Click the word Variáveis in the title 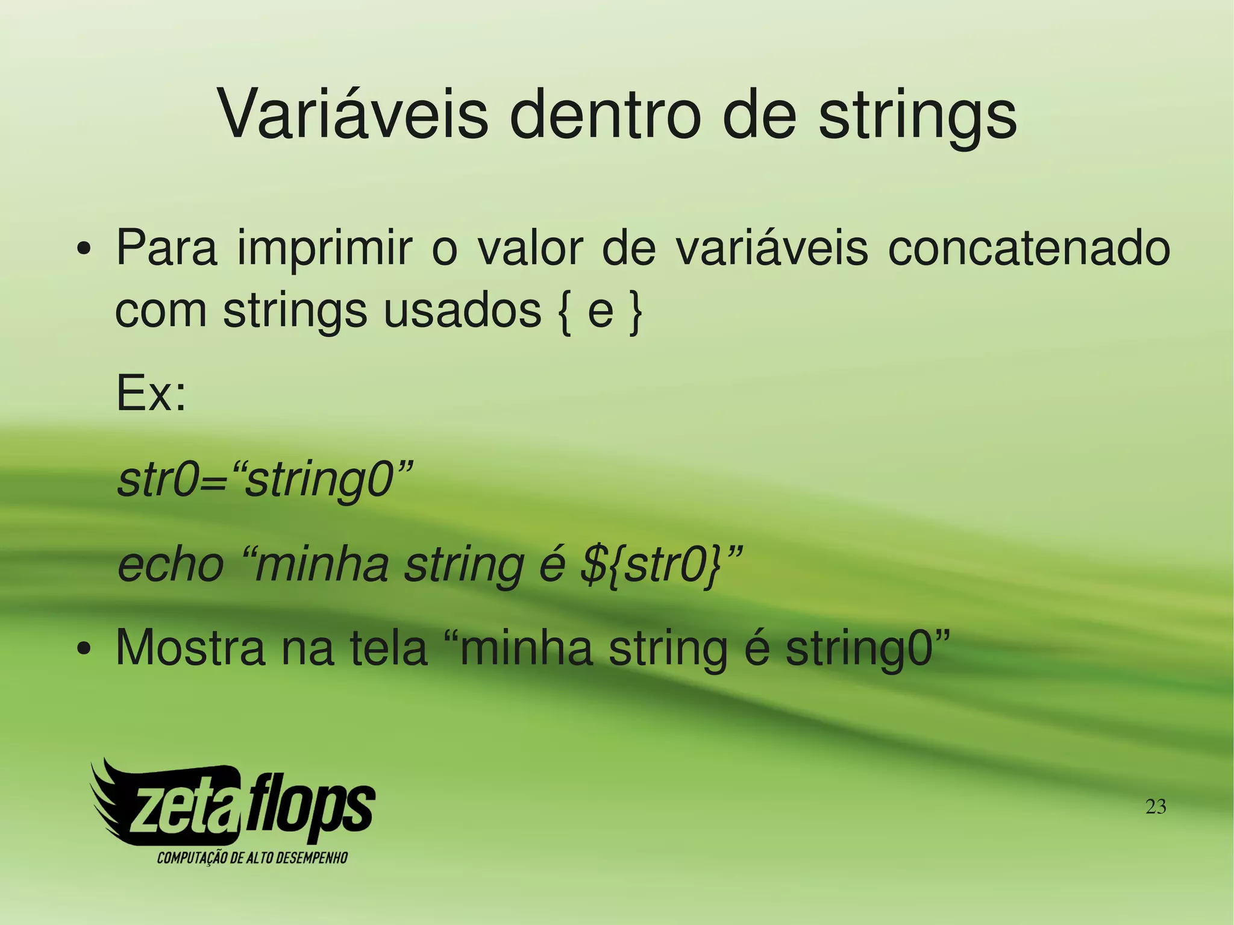352,114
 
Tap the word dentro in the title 606,114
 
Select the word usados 462,311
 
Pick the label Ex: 151,394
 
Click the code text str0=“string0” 266,480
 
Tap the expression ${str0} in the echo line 651,566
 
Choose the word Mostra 190,648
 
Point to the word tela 389,648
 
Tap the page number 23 1155,806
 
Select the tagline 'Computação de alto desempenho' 252,858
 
